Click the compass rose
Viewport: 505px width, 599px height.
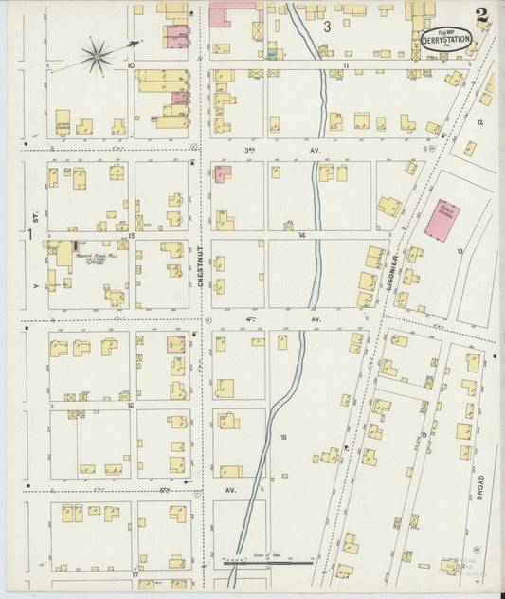[96, 56]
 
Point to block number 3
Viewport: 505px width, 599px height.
[328, 27]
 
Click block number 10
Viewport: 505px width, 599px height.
[131, 65]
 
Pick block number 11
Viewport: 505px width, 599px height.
[346, 65]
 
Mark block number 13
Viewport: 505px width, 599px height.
[460, 250]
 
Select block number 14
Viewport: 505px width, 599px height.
[301, 234]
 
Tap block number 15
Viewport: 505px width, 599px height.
[133, 235]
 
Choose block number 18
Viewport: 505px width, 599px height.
[283, 437]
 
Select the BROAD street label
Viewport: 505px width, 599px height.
[480, 491]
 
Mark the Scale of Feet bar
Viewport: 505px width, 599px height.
[270, 561]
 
